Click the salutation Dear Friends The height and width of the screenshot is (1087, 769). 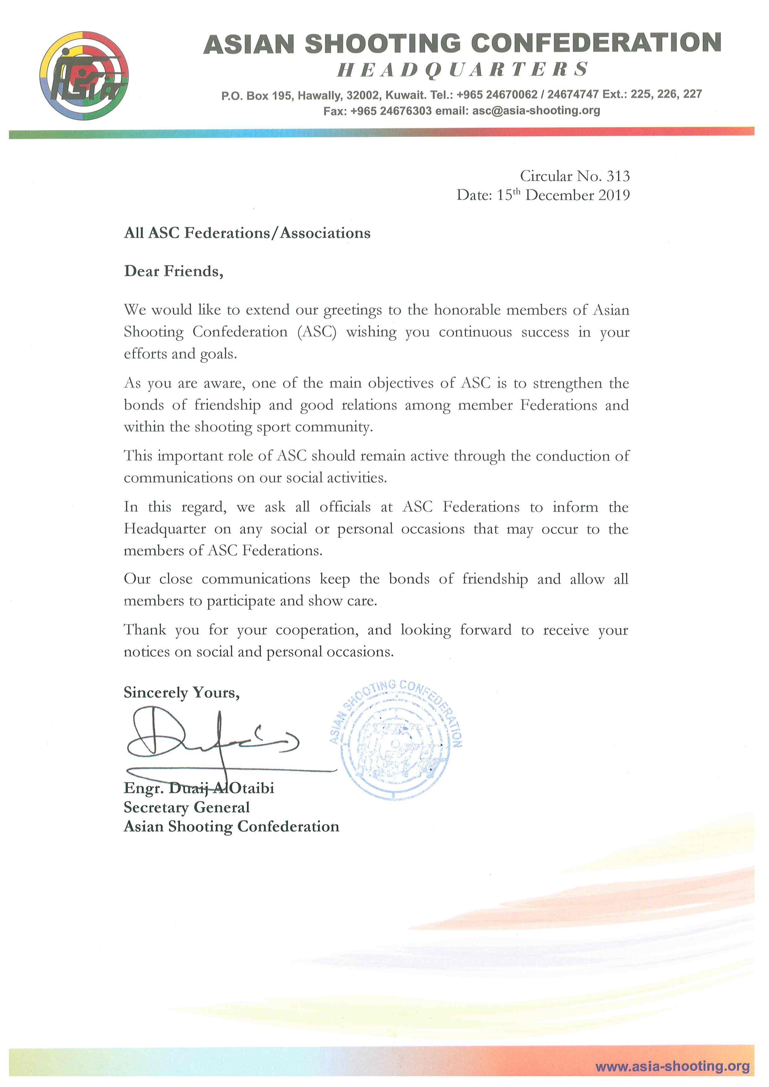coord(173,271)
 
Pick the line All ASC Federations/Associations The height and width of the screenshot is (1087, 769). coord(247,233)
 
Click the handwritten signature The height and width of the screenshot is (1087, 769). coord(213,741)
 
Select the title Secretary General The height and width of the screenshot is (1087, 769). coord(187,807)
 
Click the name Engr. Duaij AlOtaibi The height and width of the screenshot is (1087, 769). coord(199,788)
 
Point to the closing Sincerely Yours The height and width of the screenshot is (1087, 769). coord(181,693)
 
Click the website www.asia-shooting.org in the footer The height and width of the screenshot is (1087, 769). coord(672,1066)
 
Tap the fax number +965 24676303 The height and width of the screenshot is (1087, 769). coord(391,111)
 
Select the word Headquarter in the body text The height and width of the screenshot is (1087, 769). coord(165,529)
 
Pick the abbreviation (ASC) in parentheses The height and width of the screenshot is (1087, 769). coord(317,332)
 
